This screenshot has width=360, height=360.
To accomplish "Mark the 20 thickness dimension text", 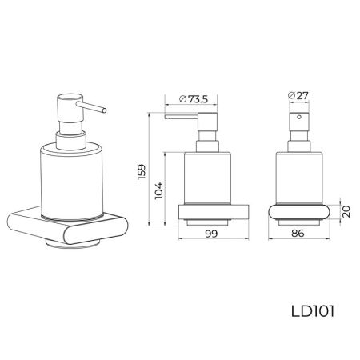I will coord(345,211).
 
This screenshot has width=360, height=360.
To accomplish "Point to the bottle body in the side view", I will coord(206,180).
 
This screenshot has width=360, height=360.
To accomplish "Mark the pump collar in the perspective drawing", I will coord(70,142).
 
